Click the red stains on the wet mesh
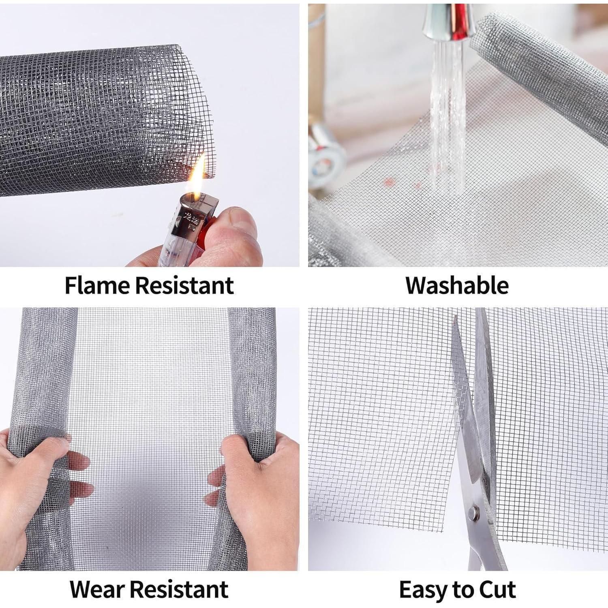[x=401, y=182]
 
